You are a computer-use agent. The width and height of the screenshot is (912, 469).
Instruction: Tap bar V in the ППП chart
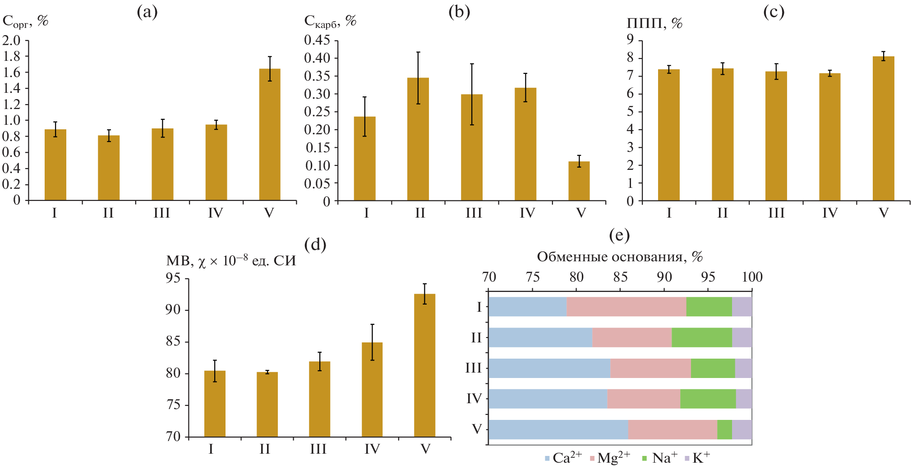tap(883, 128)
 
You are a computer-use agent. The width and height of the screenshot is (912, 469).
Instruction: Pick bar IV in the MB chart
tap(372, 389)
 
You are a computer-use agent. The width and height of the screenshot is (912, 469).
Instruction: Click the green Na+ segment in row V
tap(724, 429)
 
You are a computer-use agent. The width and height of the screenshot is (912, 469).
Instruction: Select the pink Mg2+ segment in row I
tap(626, 307)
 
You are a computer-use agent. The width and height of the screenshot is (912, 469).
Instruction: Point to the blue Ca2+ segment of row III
tap(549, 368)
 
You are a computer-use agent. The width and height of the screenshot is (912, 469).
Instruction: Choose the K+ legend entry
tap(697, 458)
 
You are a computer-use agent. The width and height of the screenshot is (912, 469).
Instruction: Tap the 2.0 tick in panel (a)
tap(12, 41)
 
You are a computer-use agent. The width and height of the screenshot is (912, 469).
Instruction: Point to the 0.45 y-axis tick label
tap(317, 40)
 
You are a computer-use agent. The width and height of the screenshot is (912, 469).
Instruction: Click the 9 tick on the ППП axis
tap(630, 40)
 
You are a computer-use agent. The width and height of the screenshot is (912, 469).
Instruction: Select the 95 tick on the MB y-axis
tap(173, 278)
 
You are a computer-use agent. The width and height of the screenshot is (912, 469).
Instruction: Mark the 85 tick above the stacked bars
tap(620, 277)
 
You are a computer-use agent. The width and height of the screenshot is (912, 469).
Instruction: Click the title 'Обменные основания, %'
tap(620, 257)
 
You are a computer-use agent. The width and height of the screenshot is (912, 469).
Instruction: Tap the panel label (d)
tap(315, 244)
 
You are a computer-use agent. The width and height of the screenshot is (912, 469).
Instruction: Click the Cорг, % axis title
tap(25, 21)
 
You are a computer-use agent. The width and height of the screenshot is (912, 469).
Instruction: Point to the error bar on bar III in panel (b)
tap(472, 94)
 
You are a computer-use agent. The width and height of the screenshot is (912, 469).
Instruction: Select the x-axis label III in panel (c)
tap(776, 213)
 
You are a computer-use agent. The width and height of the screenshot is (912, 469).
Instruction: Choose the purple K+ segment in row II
tap(742, 337)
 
